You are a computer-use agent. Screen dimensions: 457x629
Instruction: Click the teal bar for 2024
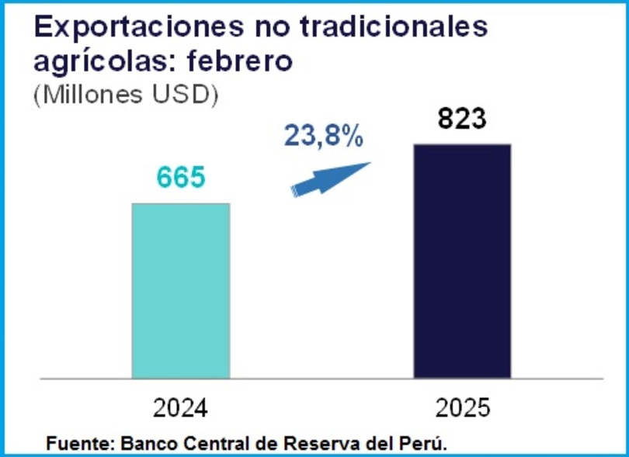[x=180, y=291]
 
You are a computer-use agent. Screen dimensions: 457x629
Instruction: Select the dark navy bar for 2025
[x=462, y=261]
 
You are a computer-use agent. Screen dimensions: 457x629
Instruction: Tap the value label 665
[x=180, y=178]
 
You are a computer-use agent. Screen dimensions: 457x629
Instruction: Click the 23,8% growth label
[x=323, y=137]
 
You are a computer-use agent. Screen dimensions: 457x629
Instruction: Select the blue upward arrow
[x=329, y=179]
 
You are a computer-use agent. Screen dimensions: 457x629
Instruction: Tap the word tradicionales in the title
[x=400, y=27]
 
